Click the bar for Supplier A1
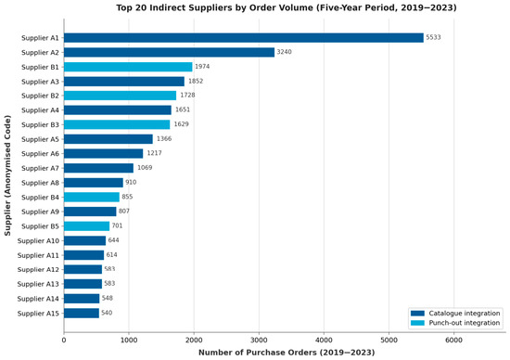click(244, 38)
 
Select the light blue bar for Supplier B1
click(128, 67)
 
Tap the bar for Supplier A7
click(98, 168)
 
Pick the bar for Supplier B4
click(92, 197)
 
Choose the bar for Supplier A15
click(82, 313)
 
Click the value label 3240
click(285, 52)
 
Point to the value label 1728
click(187, 95)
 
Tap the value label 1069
click(145, 168)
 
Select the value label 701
click(117, 225)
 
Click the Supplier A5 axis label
click(40, 139)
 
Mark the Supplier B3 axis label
click(40, 124)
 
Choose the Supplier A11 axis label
click(38, 255)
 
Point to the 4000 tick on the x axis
click(324, 341)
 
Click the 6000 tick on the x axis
click(453, 341)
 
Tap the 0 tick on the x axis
click(64, 341)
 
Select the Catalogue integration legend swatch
click(417, 313)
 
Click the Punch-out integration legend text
click(465, 323)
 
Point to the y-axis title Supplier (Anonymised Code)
click(7, 175)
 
